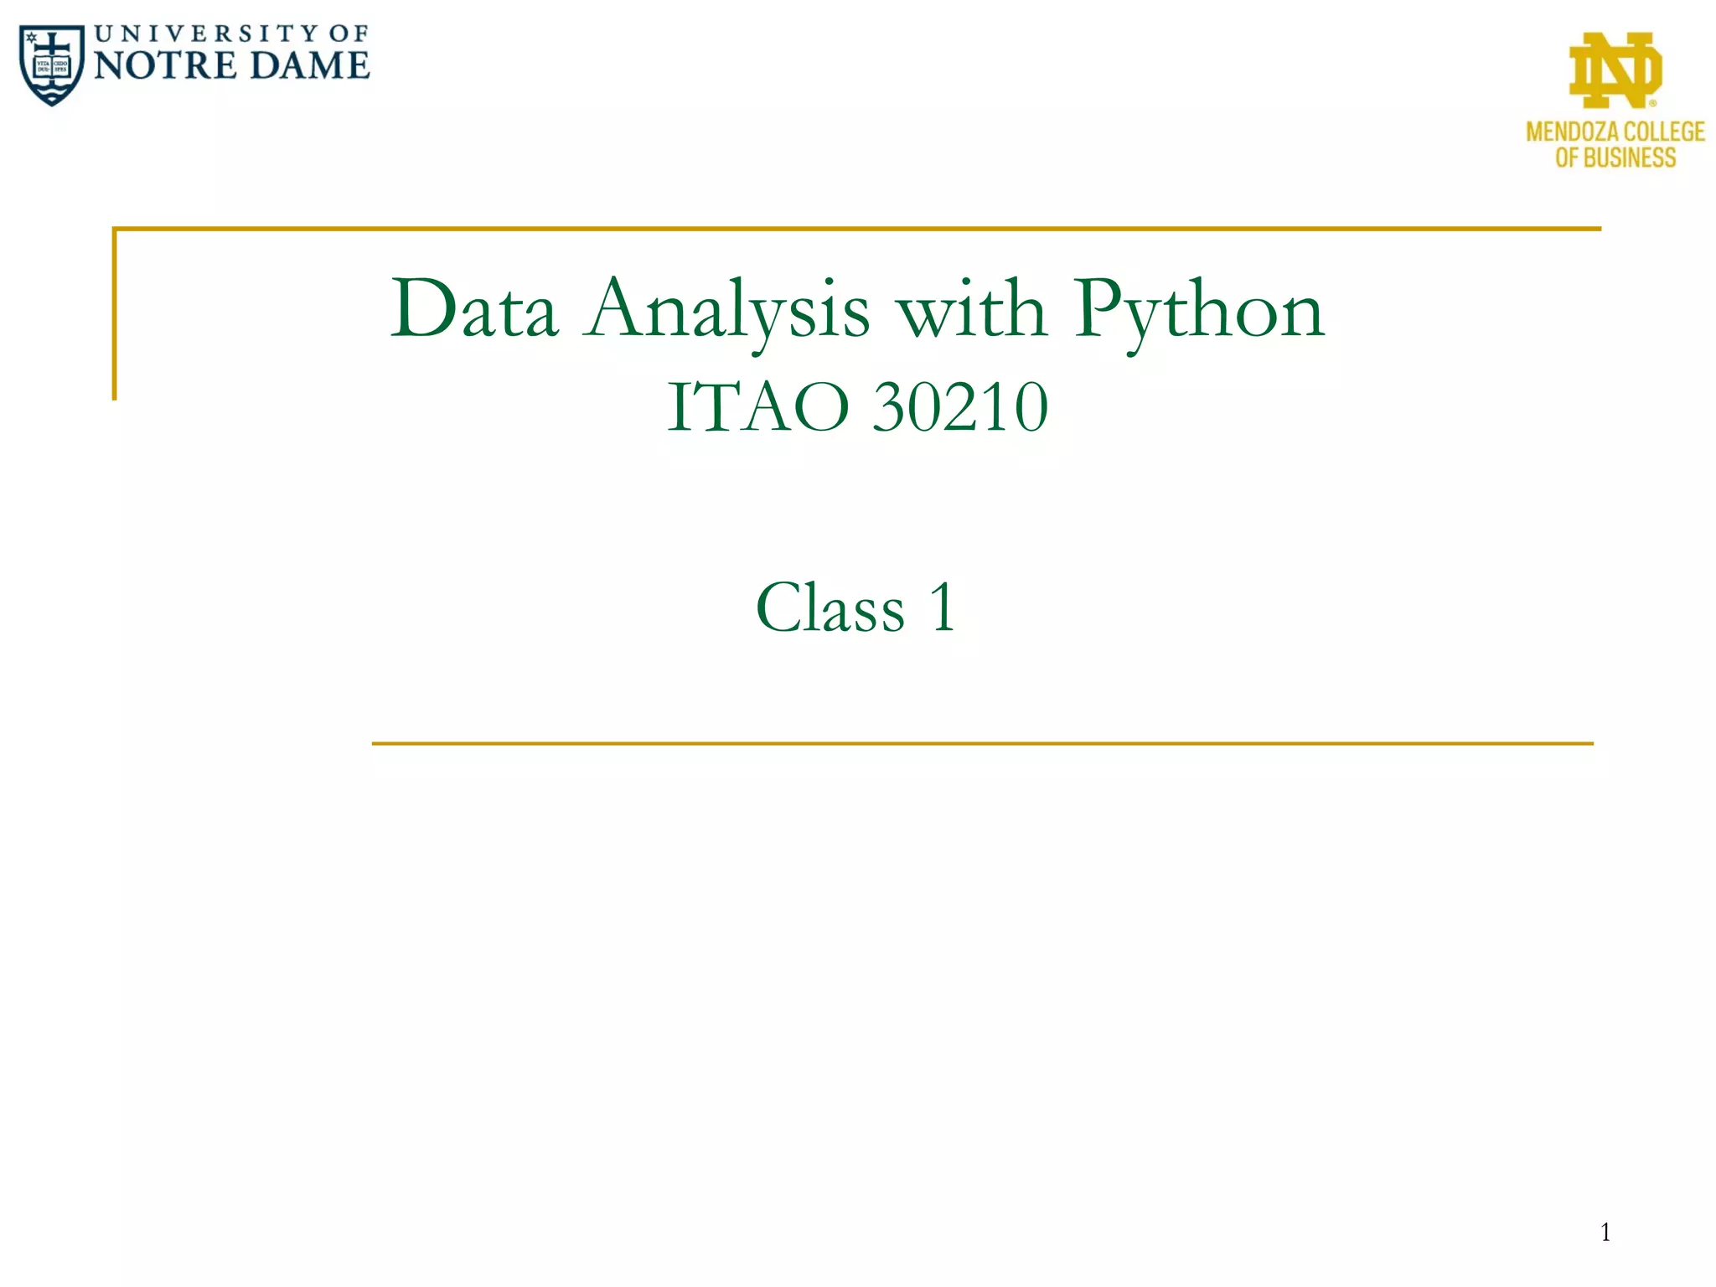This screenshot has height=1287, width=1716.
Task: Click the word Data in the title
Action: [474, 309]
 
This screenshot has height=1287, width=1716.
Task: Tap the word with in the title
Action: [972, 309]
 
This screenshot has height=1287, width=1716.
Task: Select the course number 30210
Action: [960, 407]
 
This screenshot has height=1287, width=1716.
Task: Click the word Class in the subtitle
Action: [830, 608]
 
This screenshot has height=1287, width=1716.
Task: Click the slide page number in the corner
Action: [1605, 1232]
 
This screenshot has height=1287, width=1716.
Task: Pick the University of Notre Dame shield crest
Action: [52, 65]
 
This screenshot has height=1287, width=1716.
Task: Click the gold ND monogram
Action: [1615, 70]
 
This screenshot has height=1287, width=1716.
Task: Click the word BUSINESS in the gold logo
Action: [1629, 158]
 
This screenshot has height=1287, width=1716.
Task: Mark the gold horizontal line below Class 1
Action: [982, 743]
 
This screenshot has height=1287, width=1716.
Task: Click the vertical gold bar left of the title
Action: [115, 314]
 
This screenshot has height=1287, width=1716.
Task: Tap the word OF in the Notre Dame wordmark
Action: [348, 34]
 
